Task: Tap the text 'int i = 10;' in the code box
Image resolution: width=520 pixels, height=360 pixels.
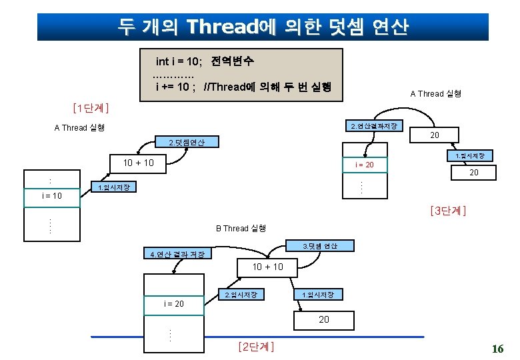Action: (179, 62)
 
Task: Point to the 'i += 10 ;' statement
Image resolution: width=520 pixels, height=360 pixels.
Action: (175, 87)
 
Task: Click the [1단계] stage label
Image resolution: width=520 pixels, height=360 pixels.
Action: (90, 107)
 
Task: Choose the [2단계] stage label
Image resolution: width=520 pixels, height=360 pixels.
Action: (256, 347)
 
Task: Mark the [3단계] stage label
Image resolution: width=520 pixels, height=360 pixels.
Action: (449, 211)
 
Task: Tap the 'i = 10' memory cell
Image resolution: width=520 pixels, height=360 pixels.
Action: (52, 196)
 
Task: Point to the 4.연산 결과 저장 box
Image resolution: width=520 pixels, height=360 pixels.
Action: (177, 254)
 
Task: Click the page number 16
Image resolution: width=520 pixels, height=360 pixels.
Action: (497, 349)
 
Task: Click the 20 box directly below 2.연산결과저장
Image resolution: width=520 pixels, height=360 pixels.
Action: (434, 135)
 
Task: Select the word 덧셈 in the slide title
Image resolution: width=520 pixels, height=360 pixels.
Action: (338, 27)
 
